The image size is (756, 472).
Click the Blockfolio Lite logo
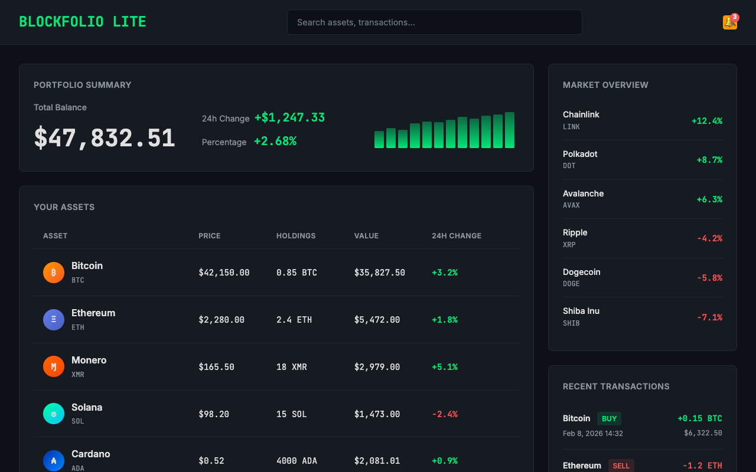[x=83, y=22]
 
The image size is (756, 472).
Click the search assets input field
[x=434, y=22]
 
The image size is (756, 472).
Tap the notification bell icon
[x=729, y=22]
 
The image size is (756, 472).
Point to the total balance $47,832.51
[x=105, y=138]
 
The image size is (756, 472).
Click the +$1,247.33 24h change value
[x=289, y=117]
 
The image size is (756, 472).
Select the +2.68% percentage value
[x=275, y=141]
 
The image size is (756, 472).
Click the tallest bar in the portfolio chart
[x=509, y=130]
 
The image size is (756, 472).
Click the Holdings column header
[x=296, y=235]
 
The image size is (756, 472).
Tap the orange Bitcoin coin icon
[x=54, y=272]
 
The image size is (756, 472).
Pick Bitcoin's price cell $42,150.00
[x=224, y=273]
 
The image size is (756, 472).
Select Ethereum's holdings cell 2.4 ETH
[x=294, y=320]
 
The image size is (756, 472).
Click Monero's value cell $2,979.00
[x=377, y=367]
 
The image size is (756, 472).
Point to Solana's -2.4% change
[x=445, y=414]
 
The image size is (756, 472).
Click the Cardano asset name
[x=90, y=454]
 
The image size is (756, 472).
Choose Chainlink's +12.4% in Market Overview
[x=706, y=121]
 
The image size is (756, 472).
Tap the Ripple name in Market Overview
[x=575, y=232]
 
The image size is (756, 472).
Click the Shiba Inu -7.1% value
[x=709, y=317]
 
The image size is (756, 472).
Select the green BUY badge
[x=609, y=419]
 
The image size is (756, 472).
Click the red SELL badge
[x=621, y=466]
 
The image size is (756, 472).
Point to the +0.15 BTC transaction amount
[x=699, y=418]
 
